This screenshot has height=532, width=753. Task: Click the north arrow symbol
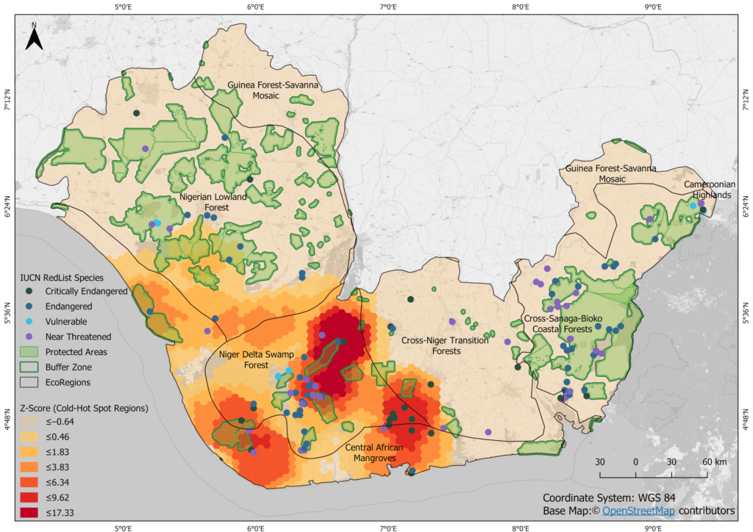[34, 37]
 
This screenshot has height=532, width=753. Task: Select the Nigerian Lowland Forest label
[209, 202]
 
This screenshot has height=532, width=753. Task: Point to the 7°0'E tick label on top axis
[388, 8]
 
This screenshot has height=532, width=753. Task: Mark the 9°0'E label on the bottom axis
[653, 525]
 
